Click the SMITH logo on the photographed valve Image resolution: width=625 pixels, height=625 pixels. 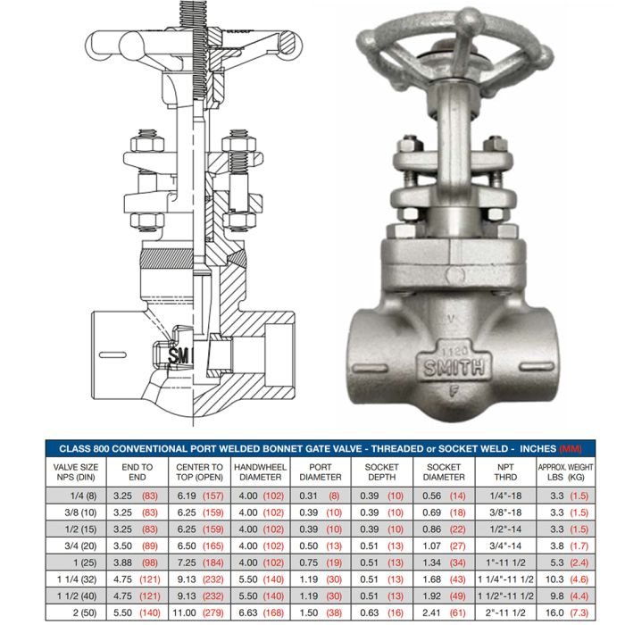pyautogui.click(x=454, y=368)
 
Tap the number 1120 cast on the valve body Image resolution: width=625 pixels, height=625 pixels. pyautogui.click(x=454, y=351)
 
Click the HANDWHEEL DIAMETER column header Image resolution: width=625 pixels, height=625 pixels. pyautogui.click(x=261, y=472)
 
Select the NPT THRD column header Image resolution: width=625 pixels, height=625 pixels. pyautogui.click(x=505, y=472)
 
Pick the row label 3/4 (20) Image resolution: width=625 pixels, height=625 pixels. pyautogui.click(x=80, y=546)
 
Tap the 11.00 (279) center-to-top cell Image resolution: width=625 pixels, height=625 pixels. pyautogui.click(x=198, y=612)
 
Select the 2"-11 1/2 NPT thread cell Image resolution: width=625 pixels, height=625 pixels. pyautogui.click(x=505, y=612)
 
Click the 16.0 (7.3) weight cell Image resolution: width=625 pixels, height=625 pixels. pyautogui.click(x=569, y=612)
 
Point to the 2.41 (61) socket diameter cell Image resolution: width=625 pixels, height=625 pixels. pyautogui.click(x=444, y=612)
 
